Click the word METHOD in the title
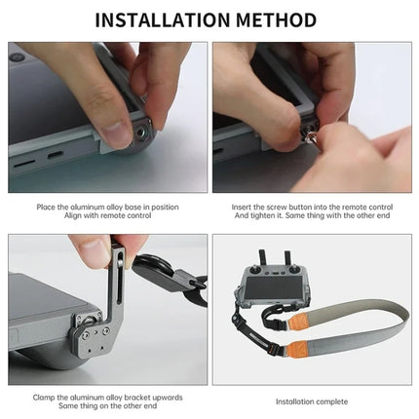pyautogui.click(x=276, y=19)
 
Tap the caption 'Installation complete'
pyautogui.click(x=312, y=400)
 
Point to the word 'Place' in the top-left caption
pyautogui.click(x=46, y=208)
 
